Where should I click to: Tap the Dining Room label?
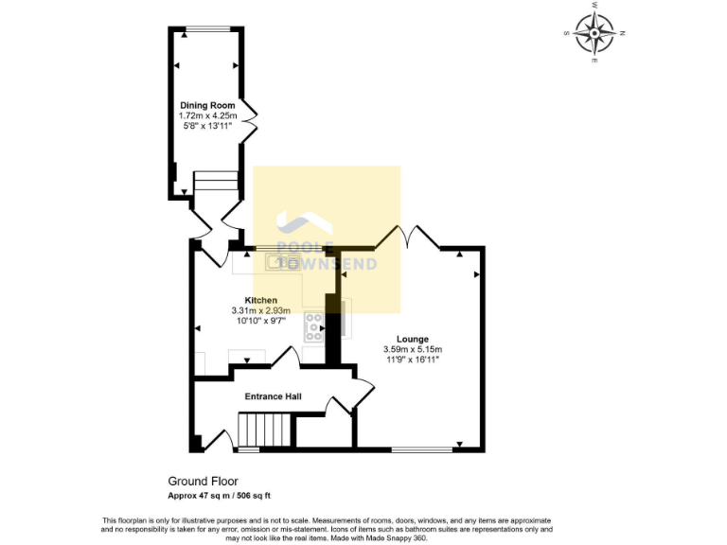(207, 105)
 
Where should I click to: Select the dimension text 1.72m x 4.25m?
(207, 115)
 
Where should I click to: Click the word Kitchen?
(260, 300)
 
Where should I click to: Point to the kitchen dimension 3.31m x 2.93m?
(260, 310)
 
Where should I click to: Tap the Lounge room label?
(413, 339)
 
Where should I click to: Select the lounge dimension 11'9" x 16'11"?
(413, 360)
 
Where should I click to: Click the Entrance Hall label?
(273, 396)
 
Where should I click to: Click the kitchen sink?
(282, 261)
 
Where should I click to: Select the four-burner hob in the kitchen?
(313, 327)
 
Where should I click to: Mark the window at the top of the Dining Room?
(207, 29)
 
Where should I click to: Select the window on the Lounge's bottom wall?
(421, 449)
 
